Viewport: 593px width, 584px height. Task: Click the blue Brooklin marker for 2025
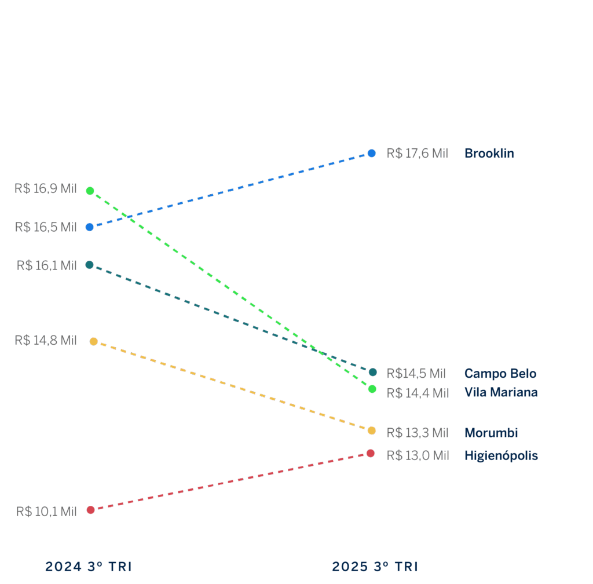pyautogui.click(x=372, y=154)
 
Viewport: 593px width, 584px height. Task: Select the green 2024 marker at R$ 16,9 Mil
pyautogui.click(x=90, y=191)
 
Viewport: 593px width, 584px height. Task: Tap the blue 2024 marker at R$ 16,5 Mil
pyautogui.click(x=89, y=227)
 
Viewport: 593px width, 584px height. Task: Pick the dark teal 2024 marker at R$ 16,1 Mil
pyautogui.click(x=89, y=265)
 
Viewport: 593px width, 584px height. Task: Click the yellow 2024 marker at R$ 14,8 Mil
pyautogui.click(x=94, y=341)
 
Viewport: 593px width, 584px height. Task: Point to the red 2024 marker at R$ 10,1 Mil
pyautogui.click(x=90, y=510)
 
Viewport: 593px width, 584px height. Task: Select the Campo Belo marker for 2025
pyautogui.click(x=373, y=372)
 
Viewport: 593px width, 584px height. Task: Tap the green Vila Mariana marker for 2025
pyautogui.click(x=372, y=389)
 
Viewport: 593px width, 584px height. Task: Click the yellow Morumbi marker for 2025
pyautogui.click(x=372, y=430)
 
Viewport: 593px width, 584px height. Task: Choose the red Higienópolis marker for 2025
pyautogui.click(x=371, y=453)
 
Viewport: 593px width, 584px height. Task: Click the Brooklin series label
pyautogui.click(x=489, y=154)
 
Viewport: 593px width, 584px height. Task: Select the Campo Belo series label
pyautogui.click(x=500, y=374)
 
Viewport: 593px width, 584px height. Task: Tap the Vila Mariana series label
pyautogui.click(x=501, y=392)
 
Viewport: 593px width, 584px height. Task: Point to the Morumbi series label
pyautogui.click(x=491, y=433)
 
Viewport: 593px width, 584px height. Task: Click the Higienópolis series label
pyautogui.click(x=501, y=456)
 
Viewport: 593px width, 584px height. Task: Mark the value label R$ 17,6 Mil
pyautogui.click(x=417, y=154)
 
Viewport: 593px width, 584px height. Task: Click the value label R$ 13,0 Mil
pyautogui.click(x=417, y=456)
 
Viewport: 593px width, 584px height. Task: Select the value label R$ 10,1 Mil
pyautogui.click(x=46, y=512)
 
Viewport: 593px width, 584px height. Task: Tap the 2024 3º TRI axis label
pyautogui.click(x=88, y=567)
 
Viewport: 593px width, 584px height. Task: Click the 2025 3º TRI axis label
pyautogui.click(x=375, y=567)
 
